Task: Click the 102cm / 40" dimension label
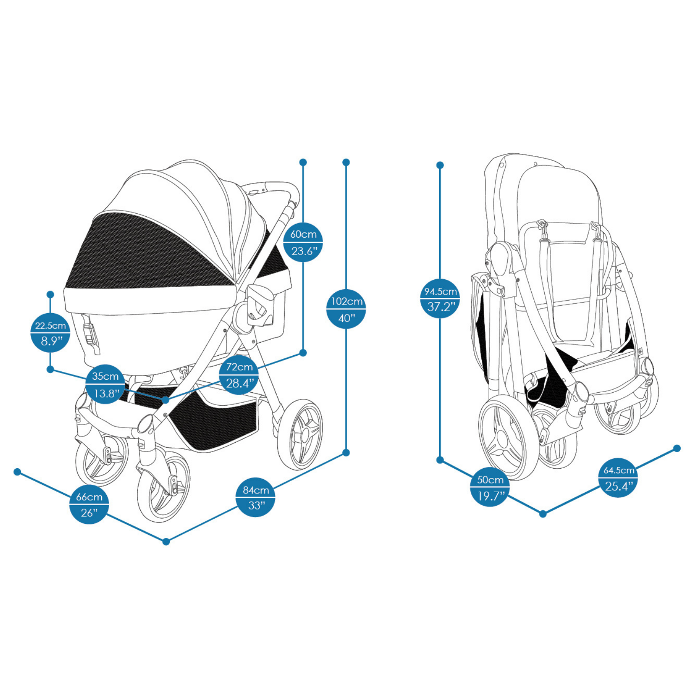pyautogui.click(x=346, y=309)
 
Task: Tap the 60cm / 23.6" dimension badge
pyautogui.click(x=303, y=242)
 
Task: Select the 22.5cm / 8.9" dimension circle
pyautogui.click(x=50, y=333)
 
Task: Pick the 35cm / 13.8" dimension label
pyautogui.click(x=106, y=384)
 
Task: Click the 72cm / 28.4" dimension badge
pyautogui.click(x=239, y=375)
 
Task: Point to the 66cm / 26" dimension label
pyautogui.click(x=89, y=504)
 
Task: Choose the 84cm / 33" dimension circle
pyautogui.click(x=255, y=497)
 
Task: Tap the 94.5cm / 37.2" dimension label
pyautogui.click(x=440, y=298)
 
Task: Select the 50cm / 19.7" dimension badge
pyautogui.click(x=490, y=487)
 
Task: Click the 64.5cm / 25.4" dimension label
pyautogui.click(x=618, y=477)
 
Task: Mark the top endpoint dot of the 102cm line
pyautogui.click(x=346, y=162)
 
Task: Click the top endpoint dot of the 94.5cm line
pyautogui.click(x=440, y=165)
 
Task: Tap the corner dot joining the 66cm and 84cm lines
pyautogui.click(x=166, y=542)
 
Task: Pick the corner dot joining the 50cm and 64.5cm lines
pyautogui.click(x=543, y=514)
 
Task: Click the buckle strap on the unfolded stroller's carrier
pyautogui.click(x=90, y=334)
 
